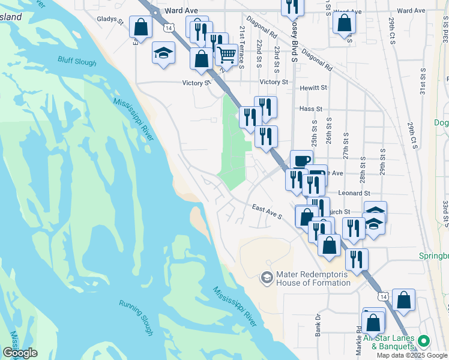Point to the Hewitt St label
pos(313,88)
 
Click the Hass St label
pos(311,109)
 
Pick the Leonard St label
pos(354,193)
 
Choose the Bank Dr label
pos(319,323)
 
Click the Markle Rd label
pos(358,337)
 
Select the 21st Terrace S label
pos(242,46)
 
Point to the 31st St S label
pos(423,82)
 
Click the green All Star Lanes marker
pos(424,341)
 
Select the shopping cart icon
pos(226,55)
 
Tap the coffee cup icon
pos(301,160)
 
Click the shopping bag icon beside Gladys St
pos(140,27)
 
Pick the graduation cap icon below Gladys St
pos(164,53)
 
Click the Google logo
pos(20,353)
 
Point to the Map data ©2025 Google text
pos(412,355)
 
